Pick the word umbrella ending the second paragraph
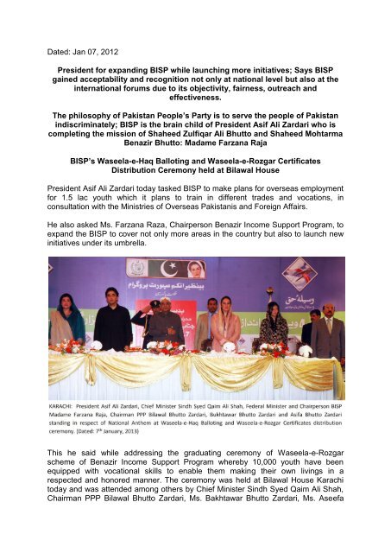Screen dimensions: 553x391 (127, 265)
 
